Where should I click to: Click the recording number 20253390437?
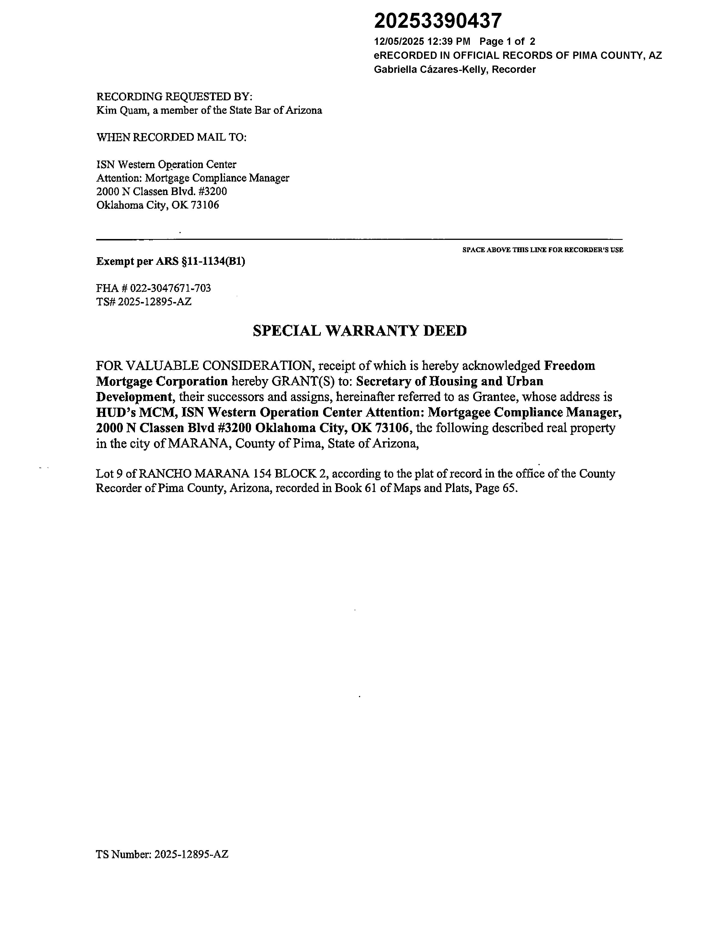coord(438,21)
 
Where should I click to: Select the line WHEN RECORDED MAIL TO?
coord(171,137)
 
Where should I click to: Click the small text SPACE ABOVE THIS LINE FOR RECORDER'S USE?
coord(543,250)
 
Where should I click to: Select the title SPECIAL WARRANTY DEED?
coord(360,331)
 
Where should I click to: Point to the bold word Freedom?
coord(570,366)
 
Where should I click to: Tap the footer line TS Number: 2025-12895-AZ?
coord(162,855)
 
